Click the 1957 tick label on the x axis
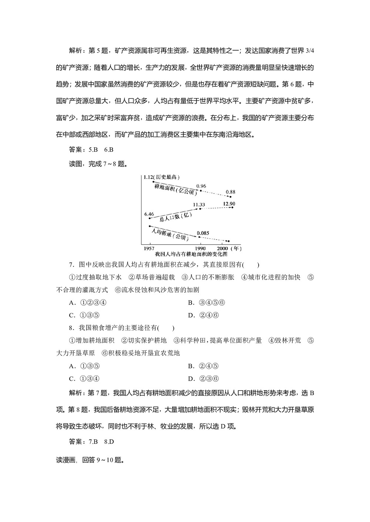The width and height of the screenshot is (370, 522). (149, 248)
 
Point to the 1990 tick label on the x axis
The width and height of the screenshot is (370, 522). (200, 248)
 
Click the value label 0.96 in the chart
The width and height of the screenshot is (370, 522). (201, 186)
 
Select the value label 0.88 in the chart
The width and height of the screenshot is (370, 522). (231, 192)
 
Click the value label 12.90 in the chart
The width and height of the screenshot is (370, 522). (229, 203)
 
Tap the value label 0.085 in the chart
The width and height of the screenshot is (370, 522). (203, 233)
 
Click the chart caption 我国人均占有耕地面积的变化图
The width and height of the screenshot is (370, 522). (191, 254)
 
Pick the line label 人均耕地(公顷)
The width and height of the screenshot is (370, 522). (168, 233)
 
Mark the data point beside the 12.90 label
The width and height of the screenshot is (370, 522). (232, 207)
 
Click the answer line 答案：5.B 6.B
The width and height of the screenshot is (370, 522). (91, 150)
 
